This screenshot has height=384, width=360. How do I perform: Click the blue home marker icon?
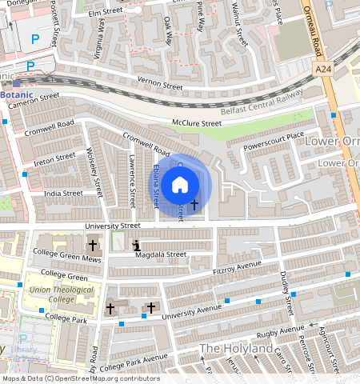(x=180, y=185)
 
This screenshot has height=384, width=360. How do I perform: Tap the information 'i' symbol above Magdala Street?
(x=136, y=246)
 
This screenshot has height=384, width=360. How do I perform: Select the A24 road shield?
(x=323, y=70)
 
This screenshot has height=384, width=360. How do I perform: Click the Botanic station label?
(x=18, y=94)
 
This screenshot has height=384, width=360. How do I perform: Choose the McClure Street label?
(x=196, y=124)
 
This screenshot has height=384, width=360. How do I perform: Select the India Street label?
(x=62, y=193)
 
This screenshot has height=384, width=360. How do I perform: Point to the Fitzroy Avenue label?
(x=238, y=268)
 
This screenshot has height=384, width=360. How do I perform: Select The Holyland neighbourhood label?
(x=237, y=349)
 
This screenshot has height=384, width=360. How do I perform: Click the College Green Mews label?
(x=66, y=259)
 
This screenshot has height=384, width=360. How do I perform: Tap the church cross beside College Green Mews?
(x=93, y=245)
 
